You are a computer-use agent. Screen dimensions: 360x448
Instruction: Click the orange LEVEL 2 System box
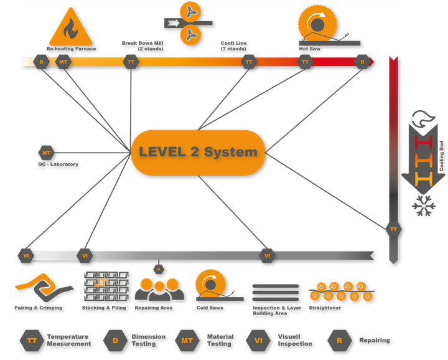point(198,152)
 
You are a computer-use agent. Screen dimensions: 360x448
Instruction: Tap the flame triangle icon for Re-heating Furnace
point(70,27)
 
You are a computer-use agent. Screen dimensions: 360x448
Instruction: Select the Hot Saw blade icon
point(317,26)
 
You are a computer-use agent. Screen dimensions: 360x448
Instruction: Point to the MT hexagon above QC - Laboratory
point(46,152)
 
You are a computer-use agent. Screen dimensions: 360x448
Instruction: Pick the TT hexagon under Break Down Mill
point(131,62)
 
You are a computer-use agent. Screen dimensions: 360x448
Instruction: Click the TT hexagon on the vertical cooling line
point(393,229)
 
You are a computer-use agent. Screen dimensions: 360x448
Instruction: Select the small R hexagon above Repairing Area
point(159,269)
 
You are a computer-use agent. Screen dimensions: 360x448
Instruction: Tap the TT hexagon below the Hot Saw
point(305,62)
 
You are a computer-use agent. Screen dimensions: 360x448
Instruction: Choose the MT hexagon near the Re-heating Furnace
point(63,62)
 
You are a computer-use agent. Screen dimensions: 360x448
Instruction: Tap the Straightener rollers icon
point(342,290)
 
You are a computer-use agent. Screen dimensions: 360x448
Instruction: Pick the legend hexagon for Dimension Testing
point(115,340)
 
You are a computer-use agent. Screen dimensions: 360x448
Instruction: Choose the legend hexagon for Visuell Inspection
point(258,340)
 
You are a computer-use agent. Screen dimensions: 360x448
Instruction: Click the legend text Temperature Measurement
point(68,340)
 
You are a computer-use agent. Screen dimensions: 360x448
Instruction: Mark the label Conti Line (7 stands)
point(233,46)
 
